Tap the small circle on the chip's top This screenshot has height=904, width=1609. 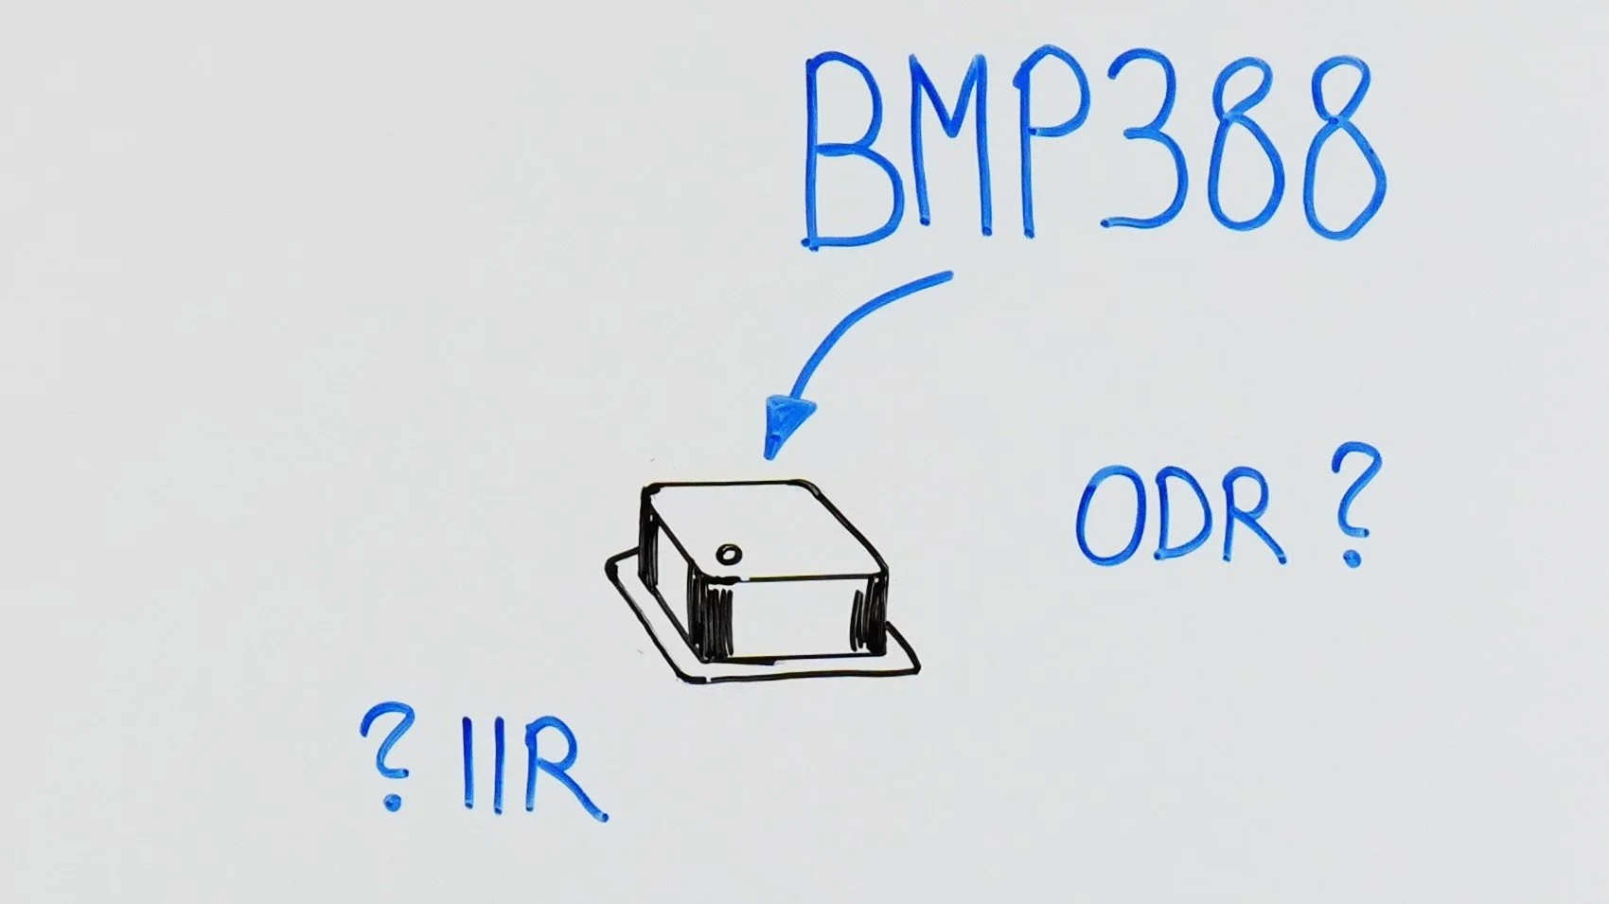(730, 554)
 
